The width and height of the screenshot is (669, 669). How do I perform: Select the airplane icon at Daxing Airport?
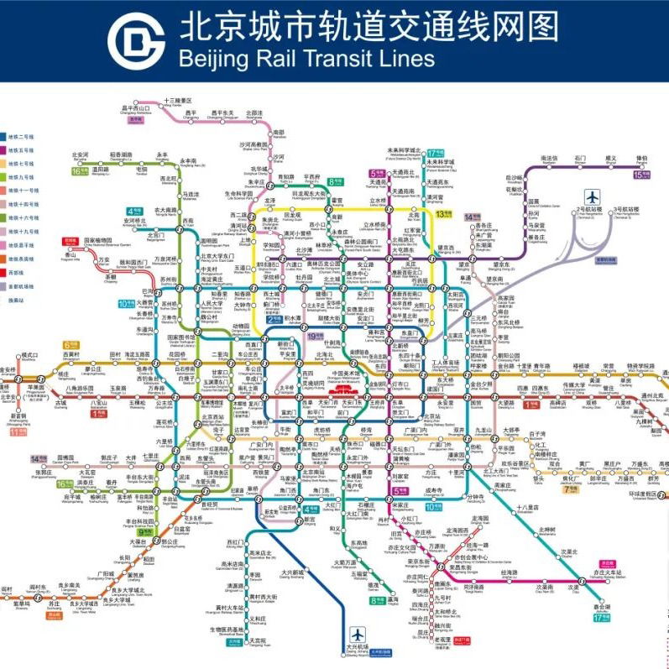353,635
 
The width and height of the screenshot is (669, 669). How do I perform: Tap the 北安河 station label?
81,155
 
